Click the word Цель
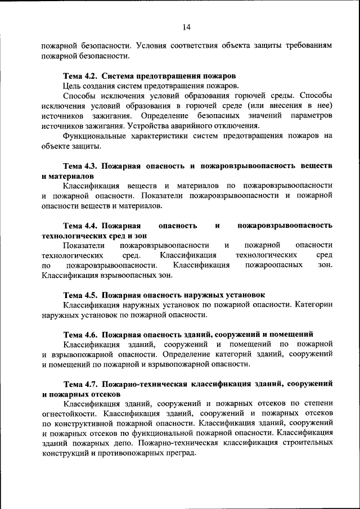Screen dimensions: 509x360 coord(73,85)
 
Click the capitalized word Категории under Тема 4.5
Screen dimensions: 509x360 coord(313,305)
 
